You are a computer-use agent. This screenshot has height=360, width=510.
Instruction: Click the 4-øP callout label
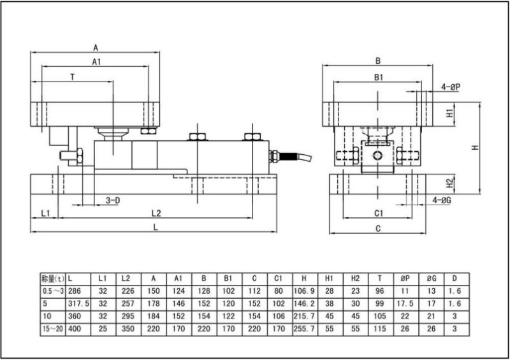point(450,87)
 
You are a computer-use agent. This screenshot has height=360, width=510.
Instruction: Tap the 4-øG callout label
point(441,200)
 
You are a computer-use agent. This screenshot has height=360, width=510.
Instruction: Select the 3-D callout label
point(112,200)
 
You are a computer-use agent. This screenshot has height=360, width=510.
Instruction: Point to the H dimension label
point(475,148)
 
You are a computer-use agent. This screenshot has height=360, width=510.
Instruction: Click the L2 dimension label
point(156,212)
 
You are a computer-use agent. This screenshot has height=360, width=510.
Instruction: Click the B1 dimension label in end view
point(378,77)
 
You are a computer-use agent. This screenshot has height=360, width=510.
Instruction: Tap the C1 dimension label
point(378,212)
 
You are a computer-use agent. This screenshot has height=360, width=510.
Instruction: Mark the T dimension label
point(73,76)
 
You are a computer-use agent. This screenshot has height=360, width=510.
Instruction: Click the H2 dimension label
point(449,184)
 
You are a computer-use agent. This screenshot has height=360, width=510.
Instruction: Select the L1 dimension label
point(45,212)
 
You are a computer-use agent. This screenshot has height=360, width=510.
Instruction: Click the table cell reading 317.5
point(77,303)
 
